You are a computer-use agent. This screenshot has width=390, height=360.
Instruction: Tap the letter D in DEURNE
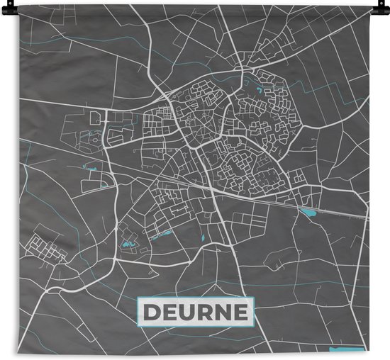coord(153,312)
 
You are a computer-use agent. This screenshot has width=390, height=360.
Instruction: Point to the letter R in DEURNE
coord(204,312)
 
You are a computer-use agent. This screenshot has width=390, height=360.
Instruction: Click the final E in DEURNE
coord(239,312)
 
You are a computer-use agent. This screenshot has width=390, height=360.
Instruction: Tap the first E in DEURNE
coord(170,312)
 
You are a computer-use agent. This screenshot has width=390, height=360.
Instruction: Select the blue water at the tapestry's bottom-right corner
coord(339,349)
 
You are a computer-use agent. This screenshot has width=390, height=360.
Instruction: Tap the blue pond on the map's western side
coord(90,169)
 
